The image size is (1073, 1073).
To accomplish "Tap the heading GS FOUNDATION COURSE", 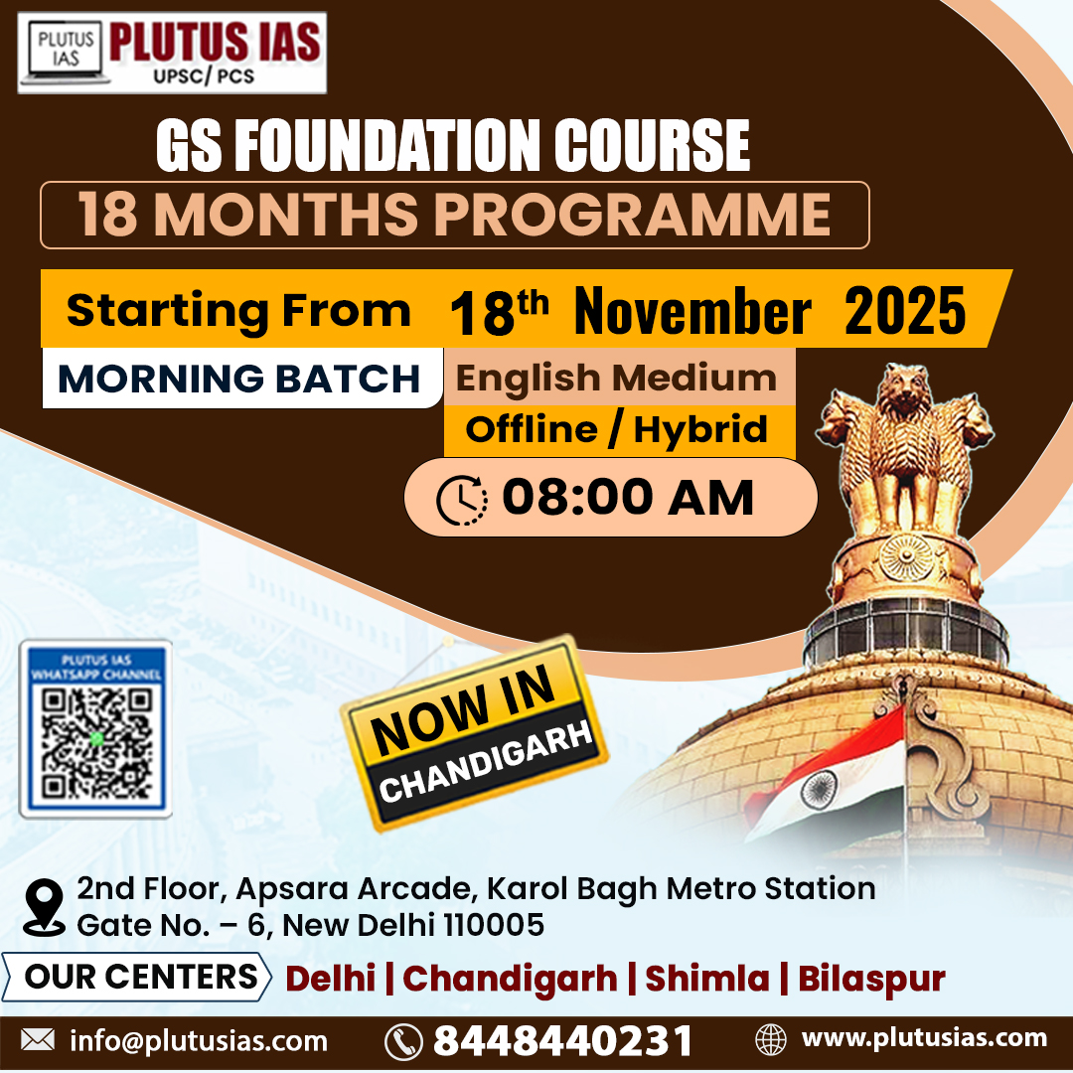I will click(452, 146).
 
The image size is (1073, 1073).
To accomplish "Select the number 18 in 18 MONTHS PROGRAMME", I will click(109, 215).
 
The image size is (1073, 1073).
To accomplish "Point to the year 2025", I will click(905, 311).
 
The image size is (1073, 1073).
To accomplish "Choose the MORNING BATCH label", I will click(239, 379).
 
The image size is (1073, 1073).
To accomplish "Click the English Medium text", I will click(616, 378).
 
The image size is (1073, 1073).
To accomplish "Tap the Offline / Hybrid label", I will click(616, 429).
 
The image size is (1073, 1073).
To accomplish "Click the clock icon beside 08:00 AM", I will click(462, 499).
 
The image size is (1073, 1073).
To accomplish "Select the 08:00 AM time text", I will click(628, 498).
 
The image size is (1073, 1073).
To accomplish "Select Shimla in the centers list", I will click(707, 979).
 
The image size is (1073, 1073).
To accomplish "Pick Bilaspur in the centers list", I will click(871, 979).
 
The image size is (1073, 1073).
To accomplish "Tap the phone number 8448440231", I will click(562, 1040).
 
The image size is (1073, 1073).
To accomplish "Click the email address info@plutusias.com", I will click(199, 1040).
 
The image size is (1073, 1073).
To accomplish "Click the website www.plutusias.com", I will click(924, 1038).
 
